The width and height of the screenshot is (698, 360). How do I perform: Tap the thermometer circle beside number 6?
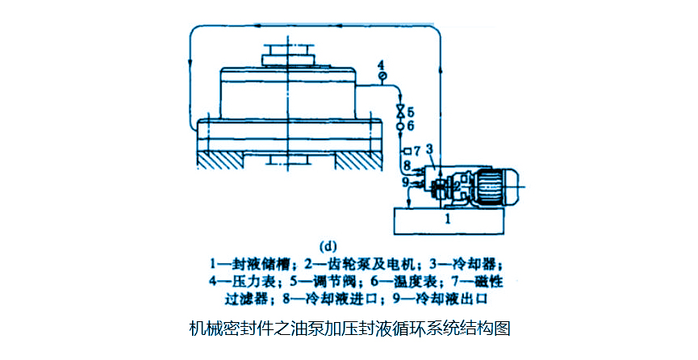(x=399, y=126)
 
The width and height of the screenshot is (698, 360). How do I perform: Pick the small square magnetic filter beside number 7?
(x=406, y=151)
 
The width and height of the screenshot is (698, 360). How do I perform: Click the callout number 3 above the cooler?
(x=429, y=149)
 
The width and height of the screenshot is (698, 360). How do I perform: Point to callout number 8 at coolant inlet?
(x=407, y=167)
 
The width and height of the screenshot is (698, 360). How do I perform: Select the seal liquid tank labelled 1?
(x=449, y=218)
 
